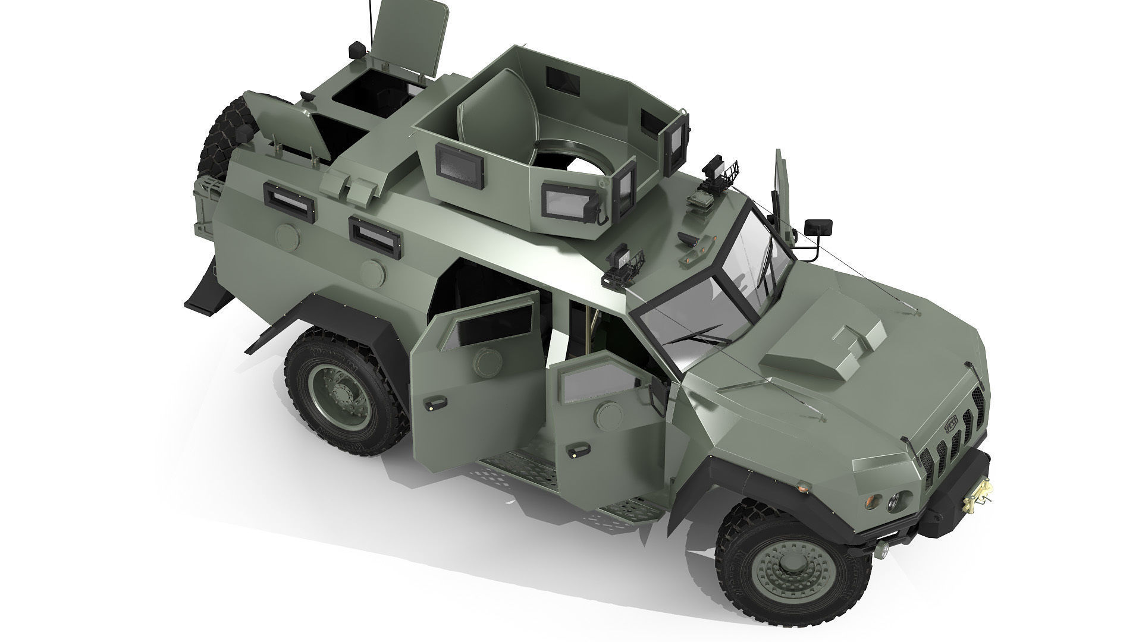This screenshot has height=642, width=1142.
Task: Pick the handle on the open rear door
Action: (432, 405)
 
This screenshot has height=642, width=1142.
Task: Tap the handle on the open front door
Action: (575, 453)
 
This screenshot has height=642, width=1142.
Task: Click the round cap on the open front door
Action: (608, 411)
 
